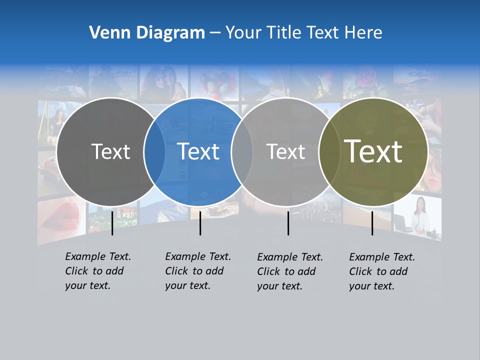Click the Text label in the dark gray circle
coord(110,151)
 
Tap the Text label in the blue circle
coord(198,151)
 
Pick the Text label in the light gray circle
coord(285,151)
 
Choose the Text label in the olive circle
coord(373,151)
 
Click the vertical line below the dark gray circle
coord(112,223)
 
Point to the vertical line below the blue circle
coord(200,223)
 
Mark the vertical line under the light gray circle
coord(288,223)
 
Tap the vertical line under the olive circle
coord(372,223)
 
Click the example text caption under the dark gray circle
coord(97,271)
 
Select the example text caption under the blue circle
coord(197,271)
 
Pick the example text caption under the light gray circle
coord(289,271)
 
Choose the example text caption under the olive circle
coord(381,271)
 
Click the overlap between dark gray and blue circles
coord(154,151)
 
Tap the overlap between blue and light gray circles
coord(242,151)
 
